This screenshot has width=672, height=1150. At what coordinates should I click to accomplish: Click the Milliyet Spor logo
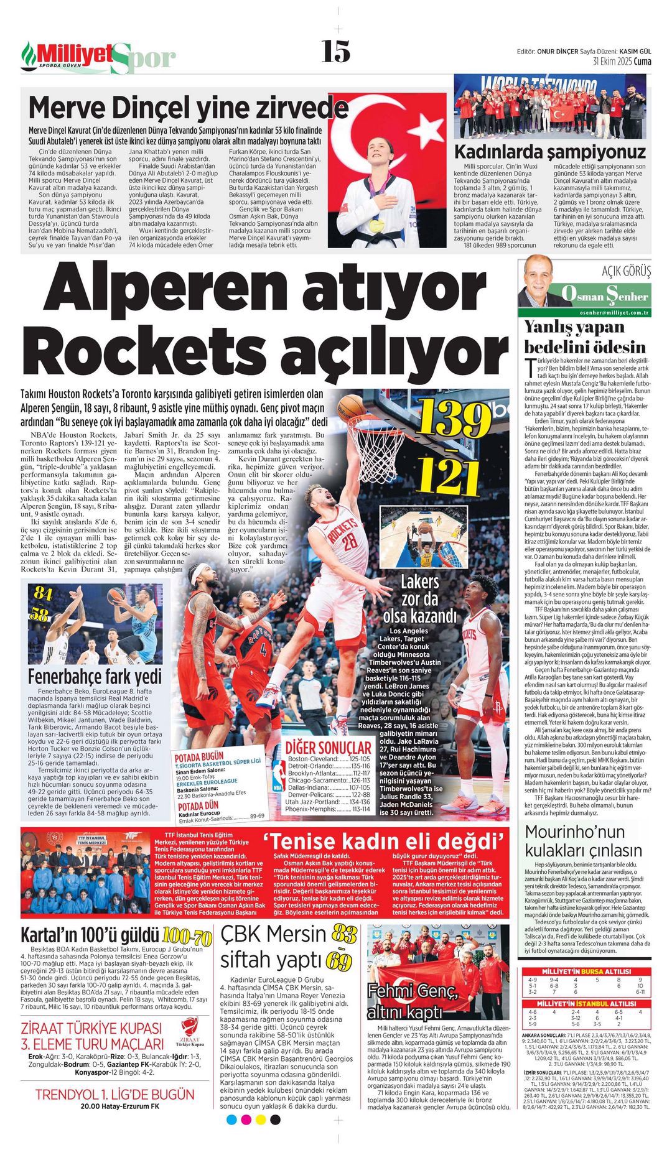click(x=98, y=57)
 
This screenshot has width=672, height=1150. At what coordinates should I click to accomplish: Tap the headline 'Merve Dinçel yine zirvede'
click(x=188, y=108)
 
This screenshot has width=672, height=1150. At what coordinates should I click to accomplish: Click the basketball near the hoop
click(x=352, y=408)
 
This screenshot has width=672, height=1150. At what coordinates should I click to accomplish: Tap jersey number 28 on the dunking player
click(x=349, y=540)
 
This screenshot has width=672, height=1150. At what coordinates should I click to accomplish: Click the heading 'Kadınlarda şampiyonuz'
click(x=549, y=151)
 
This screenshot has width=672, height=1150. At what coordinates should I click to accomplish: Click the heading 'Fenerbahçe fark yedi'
click(x=95, y=675)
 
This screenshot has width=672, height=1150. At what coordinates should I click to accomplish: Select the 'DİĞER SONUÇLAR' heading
click(x=328, y=746)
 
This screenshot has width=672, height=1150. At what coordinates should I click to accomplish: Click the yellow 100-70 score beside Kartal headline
click(x=187, y=937)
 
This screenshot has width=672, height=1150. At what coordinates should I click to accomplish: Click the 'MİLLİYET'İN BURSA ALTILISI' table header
click(x=587, y=971)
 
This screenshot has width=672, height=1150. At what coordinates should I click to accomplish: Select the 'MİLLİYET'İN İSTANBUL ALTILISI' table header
click(x=587, y=1004)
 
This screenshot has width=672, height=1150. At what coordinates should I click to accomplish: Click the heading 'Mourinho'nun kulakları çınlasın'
click(x=584, y=841)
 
